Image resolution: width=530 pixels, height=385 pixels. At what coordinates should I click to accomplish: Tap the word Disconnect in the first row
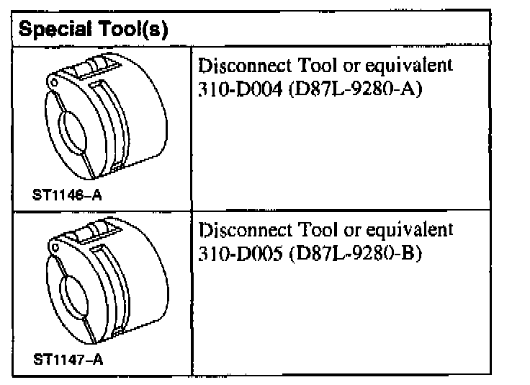[x=238, y=66]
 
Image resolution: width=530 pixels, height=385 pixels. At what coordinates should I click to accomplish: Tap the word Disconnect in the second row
[x=238, y=230]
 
